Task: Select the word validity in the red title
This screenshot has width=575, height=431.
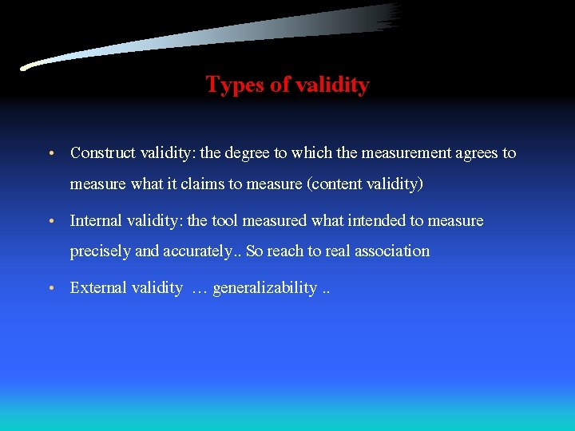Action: coord(332,85)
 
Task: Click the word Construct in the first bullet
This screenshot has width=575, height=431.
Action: coord(104,152)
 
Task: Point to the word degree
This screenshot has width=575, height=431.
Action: coord(250,152)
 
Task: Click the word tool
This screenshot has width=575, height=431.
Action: coord(224,220)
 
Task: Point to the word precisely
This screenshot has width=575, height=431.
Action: coord(101,251)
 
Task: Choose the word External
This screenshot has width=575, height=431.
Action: coord(99,288)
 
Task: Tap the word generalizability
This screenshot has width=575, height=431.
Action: coord(264,288)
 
